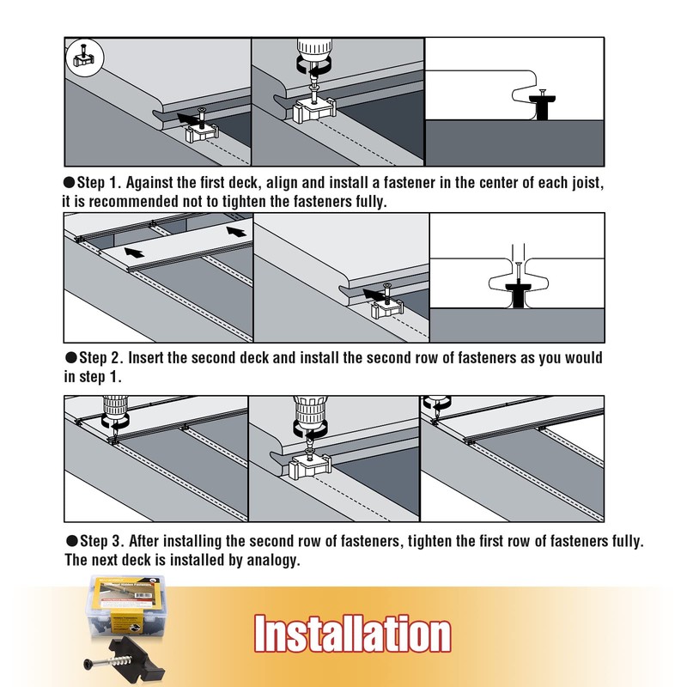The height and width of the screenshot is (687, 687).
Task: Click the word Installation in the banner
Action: click(352, 634)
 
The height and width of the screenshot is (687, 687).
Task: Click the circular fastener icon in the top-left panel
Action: click(84, 59)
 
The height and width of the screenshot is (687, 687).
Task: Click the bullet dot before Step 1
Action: click(70, 185)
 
